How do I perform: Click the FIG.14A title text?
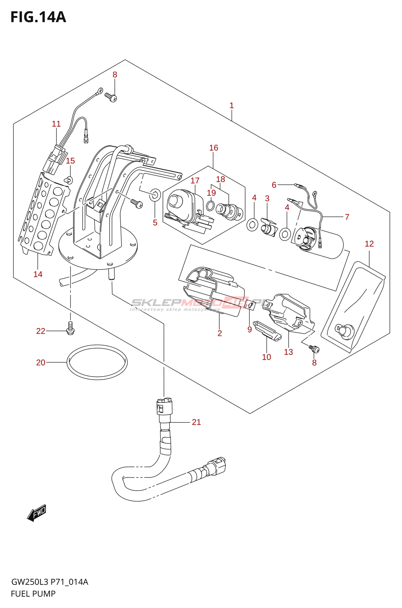pyautogui.click(x=38, y=17)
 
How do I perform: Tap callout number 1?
pyautogui.click(x=231, y=105)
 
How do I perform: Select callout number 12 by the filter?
pyautogui.click(x=369, y=244)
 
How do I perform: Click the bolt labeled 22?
pyautogui.click(x=70, y=327)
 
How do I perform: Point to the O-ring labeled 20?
pyautogui.click(x=97, y=362)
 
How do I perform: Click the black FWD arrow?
pyautogui.click(x=37, y=513)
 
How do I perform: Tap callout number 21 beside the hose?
pyautogui.click(x=196, y=422)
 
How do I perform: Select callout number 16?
pyautogui.click(x=214, y=147)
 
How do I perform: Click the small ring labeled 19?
pyautogui.click(x=210, y=206)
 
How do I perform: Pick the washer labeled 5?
pyautogui.click(x=155, y=195)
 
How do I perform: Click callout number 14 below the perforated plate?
pyautogui.click(x=38, y=274)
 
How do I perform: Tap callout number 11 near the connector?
pyautogui.click(x=56, y=123)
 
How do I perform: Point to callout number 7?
pyautogui.click(x=347, y=217)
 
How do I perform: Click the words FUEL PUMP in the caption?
pyautogui.click(x=33, y=594)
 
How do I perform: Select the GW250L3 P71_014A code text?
pyautogui.click(x=49, y=582)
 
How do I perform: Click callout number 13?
pyautogui.click(x=288, y=352)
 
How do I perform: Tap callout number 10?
pyautogui.click(x=266, y=357)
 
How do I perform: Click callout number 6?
pyautogui.click(x=274, y=185)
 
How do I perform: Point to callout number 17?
pyautogui.click(x=195, y=180)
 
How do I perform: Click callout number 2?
pyautogui.click(x=220, y=333)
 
